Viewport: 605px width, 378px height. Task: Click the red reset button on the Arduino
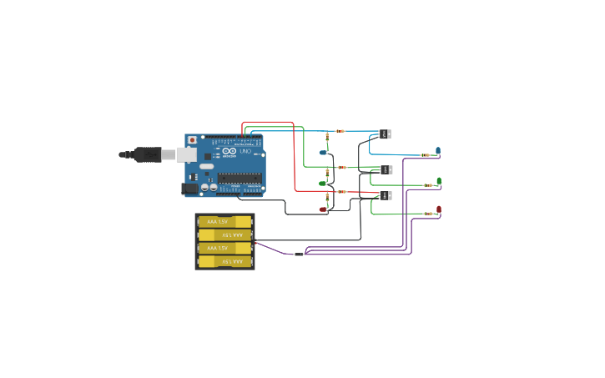coord(193,140)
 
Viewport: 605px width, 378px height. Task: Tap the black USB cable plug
coord(147,154)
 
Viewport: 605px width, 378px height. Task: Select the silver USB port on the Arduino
coord(186,154)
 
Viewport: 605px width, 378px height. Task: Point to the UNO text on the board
coord(245,151)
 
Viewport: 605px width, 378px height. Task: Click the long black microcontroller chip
coord(239,177)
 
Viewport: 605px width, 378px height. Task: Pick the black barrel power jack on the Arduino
coord(191,189)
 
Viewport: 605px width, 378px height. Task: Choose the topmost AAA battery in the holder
coord(224,222)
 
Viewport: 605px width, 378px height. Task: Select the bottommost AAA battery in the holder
coord(224,261)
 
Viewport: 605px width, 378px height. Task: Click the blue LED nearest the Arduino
coord(323,153)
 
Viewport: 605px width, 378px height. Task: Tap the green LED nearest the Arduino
coord(323,183)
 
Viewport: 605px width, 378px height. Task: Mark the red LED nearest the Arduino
coord(323,209)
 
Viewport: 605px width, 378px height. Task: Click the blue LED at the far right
coord(438,150)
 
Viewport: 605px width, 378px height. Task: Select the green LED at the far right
coord(439,180)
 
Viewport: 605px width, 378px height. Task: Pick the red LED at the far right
coord(439,209)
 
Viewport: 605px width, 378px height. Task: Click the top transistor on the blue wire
coord(386,134)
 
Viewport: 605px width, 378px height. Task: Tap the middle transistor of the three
coord(386,169)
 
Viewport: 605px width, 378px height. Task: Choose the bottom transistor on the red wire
coord(386,195)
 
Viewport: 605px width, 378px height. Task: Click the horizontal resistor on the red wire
coord(341,192)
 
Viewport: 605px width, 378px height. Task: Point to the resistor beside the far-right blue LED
coord(426,155)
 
